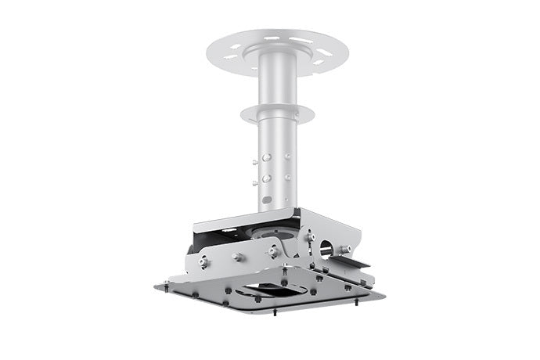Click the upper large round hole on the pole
[x=266, y=157]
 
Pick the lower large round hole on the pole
[x=266, y=178]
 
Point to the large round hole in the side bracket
[x=326, y=249]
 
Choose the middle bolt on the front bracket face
[x=236, y=257]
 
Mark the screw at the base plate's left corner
[x=166, y=283]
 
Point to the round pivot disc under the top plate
[x=273, y=232]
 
